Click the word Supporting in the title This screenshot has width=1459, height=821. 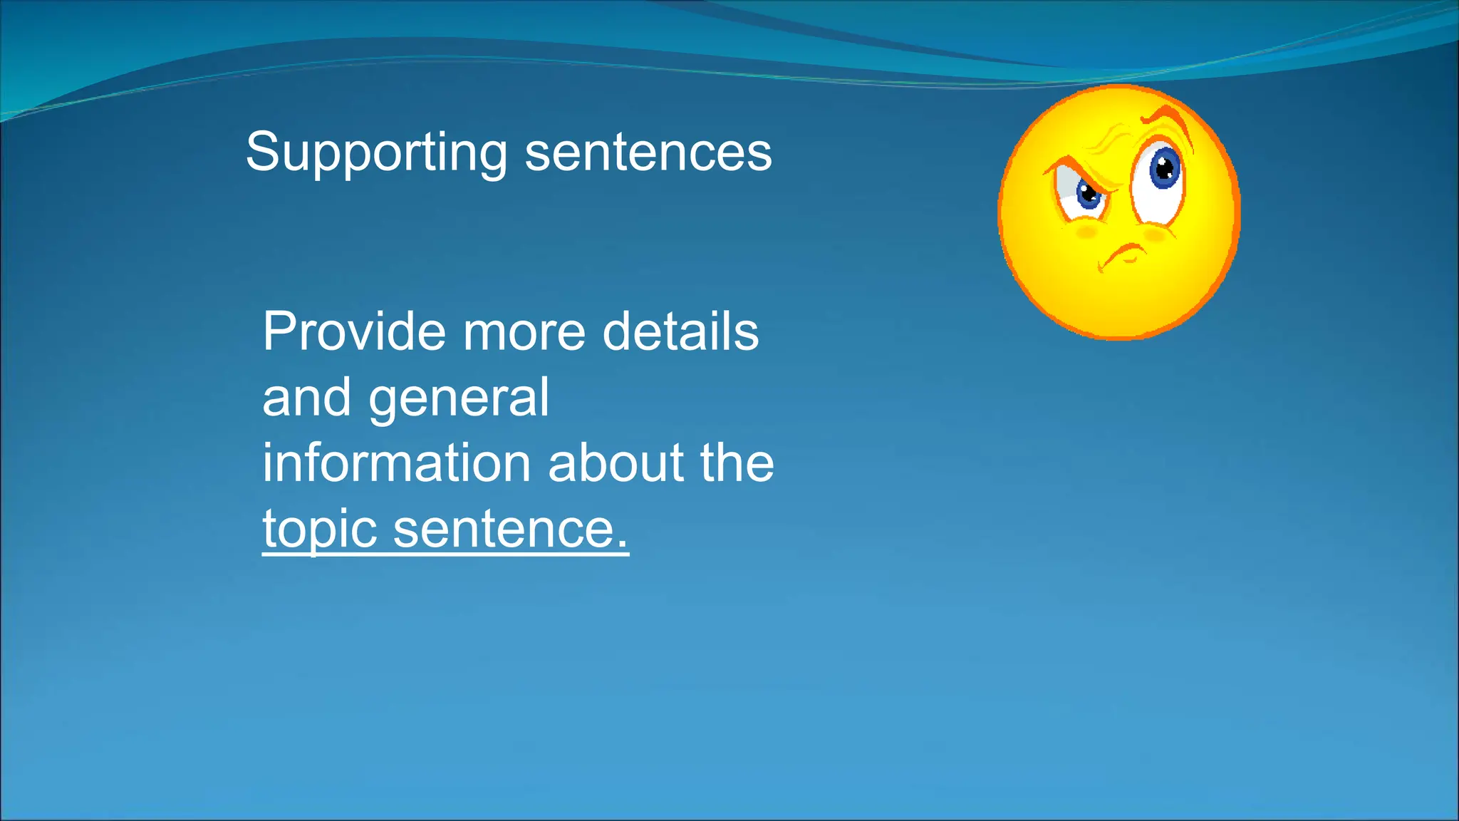[x=376, y=153]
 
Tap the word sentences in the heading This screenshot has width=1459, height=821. [x=648, y=153]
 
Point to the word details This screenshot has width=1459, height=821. [x=680, y=331]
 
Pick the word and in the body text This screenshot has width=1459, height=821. [x=306, y=397]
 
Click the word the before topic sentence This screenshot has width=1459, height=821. [x=737, y=463]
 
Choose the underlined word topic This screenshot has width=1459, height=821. [x=320, y=530]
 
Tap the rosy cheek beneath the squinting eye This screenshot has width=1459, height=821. [x=1086, y=232]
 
